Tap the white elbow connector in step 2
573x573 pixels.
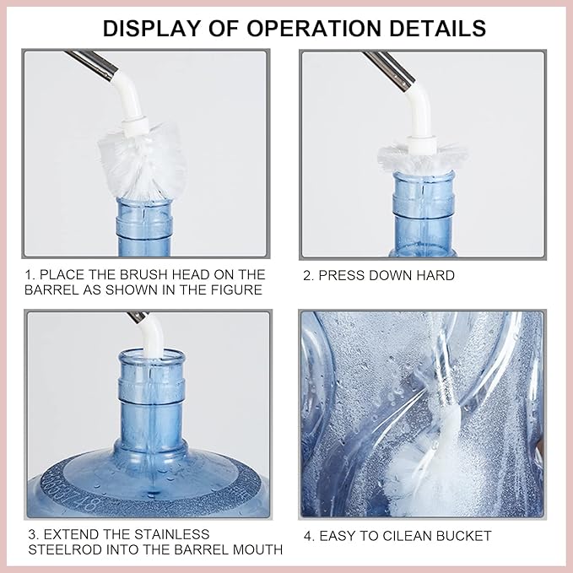click(417, 105)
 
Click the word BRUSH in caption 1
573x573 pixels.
click(166, 275)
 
